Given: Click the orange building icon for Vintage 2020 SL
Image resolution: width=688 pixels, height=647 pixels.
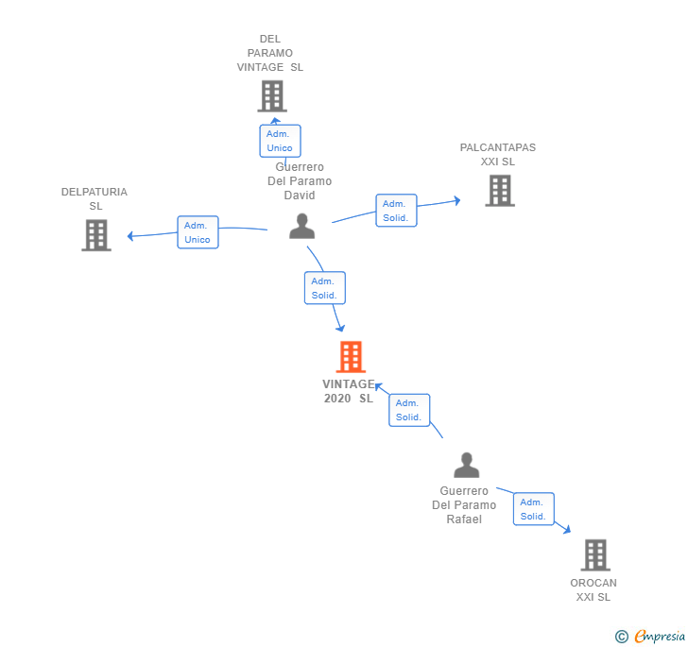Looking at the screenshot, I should (351, 357).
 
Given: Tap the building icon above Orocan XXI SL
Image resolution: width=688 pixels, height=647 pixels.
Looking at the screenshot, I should (594, 554).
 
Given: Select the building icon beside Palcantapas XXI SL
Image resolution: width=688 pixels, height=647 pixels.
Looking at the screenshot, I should (499, 190).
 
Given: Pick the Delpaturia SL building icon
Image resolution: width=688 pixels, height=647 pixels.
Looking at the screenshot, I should (95, 234).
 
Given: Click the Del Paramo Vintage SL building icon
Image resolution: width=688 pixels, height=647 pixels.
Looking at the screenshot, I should (271, 95).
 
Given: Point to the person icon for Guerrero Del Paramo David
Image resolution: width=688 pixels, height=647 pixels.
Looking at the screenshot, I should (301, 226).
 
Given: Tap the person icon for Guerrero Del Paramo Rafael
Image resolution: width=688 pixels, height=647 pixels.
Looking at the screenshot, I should (466, 465).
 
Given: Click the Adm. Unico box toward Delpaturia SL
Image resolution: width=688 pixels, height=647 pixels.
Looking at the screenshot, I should (198, 232).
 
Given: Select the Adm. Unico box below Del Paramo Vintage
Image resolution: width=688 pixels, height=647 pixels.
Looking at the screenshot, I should (280, 141).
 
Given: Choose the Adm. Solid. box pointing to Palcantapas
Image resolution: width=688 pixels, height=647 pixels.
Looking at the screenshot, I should (395, 211).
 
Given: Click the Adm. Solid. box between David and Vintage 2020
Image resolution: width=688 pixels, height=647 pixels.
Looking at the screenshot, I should (324, 288).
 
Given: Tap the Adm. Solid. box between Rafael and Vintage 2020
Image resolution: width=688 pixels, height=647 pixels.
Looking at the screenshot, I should (408, 410).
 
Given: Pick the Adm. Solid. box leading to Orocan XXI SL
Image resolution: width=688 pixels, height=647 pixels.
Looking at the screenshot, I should (533, 509).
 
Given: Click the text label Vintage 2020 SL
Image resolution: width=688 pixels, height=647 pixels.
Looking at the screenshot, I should (348, 391).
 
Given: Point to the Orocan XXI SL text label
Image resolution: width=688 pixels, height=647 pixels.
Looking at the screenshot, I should (593, 589).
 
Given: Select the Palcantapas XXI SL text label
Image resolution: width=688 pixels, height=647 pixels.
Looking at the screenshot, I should (497, 154).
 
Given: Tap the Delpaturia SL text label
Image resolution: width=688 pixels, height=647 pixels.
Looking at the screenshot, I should (95, 198).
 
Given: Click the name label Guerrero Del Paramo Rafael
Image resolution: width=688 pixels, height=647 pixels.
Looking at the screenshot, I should (464, 505).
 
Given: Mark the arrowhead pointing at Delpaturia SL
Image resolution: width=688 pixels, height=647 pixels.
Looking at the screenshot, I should (131, 236).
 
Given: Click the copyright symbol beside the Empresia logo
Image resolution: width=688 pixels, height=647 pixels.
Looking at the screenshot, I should (621, 637).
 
